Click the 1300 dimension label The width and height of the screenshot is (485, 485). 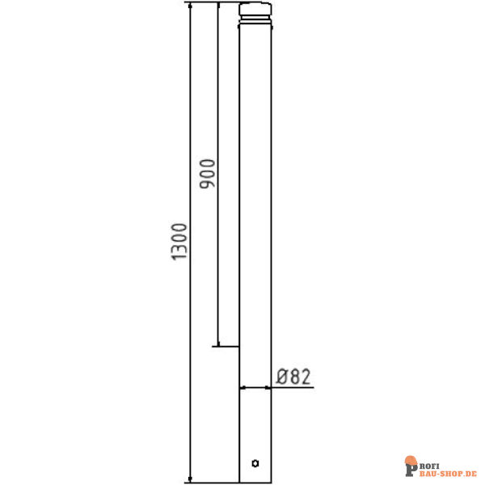179,242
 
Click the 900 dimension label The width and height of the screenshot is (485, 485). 207,174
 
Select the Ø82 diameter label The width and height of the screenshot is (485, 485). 293,377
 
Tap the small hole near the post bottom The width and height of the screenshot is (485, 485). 255,463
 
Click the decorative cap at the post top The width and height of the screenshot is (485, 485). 255,9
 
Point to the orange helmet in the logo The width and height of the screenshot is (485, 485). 411,460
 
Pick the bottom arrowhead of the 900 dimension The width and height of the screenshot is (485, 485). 218,344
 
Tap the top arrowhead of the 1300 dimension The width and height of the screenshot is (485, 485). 190,6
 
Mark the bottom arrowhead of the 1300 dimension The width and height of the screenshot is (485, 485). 190,479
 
